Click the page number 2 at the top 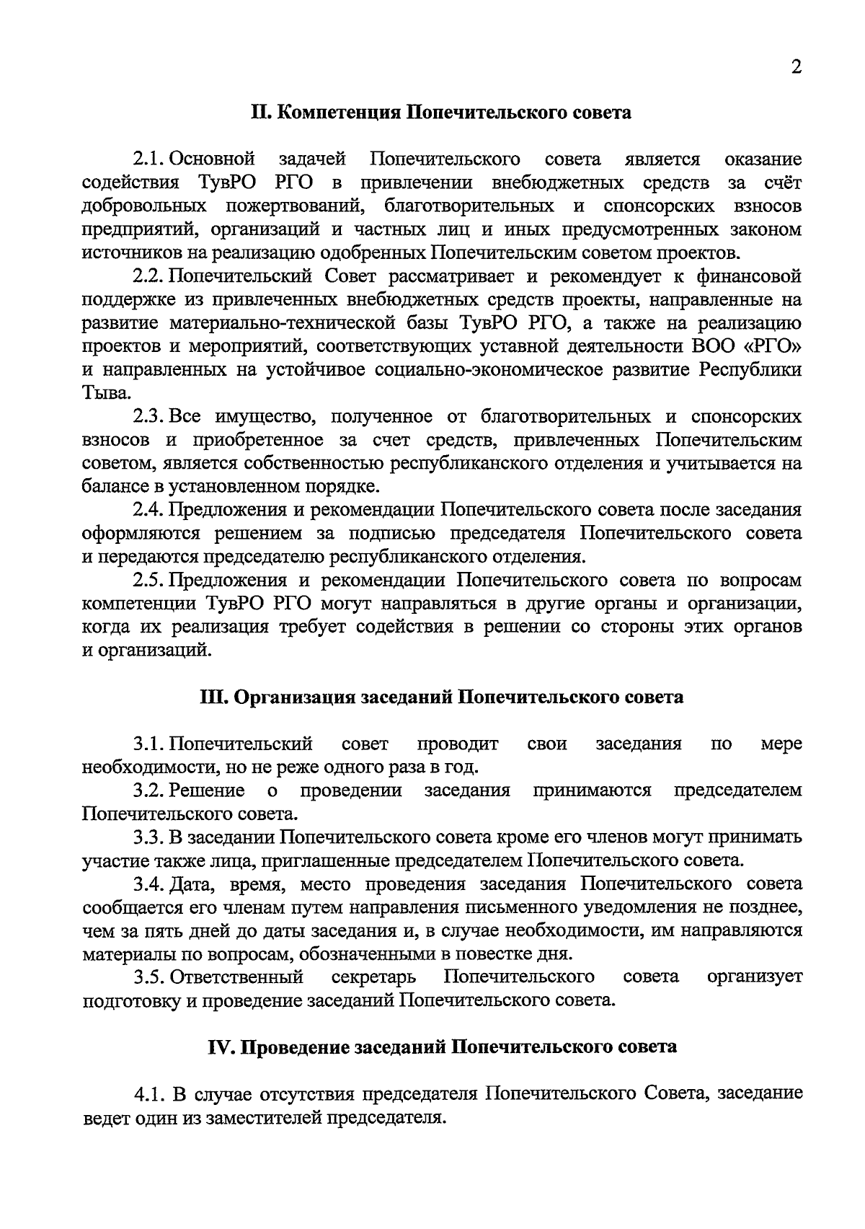(796, 68)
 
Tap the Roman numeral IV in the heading (218, 1047)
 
